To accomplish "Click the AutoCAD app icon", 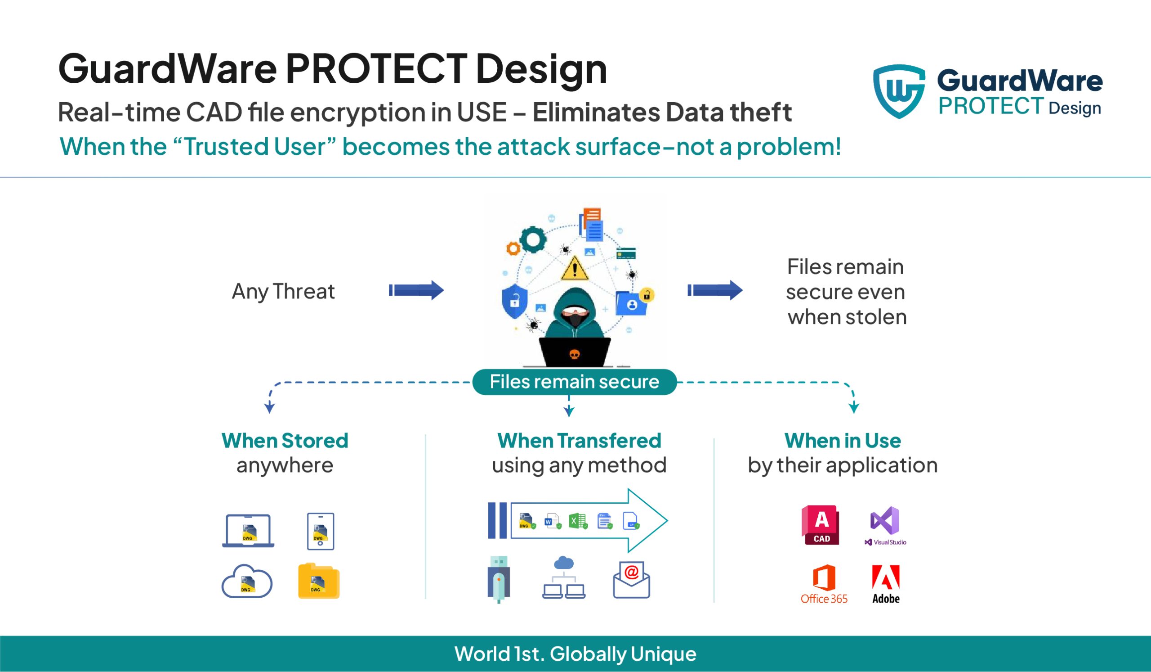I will click(x=821, y=525).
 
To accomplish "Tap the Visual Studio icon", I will click(x=885, y=521).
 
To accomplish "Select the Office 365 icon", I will click(x=824, y=578).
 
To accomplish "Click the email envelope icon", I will click(x=631, y=580).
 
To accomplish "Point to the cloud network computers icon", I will click(x=564, y=578).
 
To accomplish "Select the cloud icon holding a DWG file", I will click(x=247, y=582).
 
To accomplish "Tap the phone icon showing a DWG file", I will click(x=321, y=531).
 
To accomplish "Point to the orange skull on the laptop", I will click(x=575, y=354).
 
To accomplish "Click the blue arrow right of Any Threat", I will click(x=416, y=290).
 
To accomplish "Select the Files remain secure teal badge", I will click(x=574, y=382).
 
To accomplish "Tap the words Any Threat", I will click(x=283, y=292).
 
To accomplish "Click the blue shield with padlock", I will click(x=515, y=301).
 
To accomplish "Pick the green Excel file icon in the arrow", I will click(x=577, y=521).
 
